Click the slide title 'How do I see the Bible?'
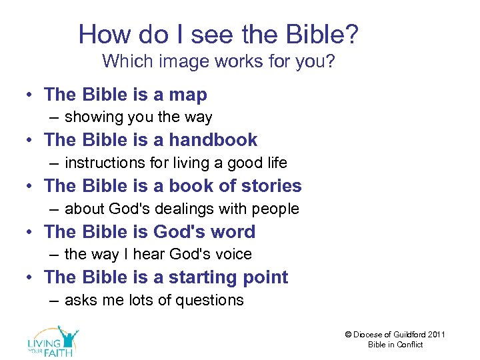pos(219,34)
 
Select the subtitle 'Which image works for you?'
pos(218,62)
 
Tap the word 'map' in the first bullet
pos(188,95)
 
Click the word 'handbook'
pos(213,140)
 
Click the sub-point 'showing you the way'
pos(138,117)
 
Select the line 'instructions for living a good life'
pos(176,163)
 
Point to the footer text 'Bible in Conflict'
pos(395,345)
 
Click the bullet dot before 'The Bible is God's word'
pos(31,232)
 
